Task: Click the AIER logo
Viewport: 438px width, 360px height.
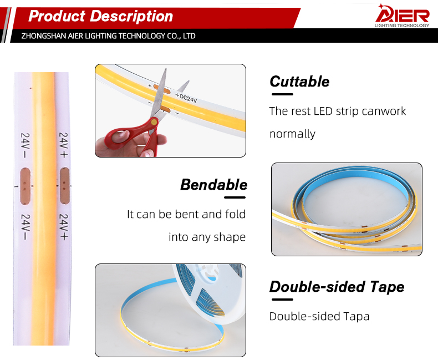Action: tap(403, 16)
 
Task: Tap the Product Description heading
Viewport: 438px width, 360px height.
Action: tap(100, 16)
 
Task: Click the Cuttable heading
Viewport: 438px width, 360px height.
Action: tap(299, 82)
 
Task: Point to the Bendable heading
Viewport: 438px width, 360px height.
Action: tap(213, 185)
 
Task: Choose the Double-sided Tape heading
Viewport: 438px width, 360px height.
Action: tap(337, 287)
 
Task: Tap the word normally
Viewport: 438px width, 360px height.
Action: tap(293, 134)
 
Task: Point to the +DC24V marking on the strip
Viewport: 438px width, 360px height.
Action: tap(186, 98)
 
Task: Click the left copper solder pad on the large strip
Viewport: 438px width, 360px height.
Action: tap(25, 186)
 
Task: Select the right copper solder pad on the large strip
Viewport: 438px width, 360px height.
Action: tap(64, 186)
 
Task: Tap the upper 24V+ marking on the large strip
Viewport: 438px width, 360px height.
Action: tap(64, 145)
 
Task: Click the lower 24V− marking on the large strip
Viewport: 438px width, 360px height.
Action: tap(25, 227)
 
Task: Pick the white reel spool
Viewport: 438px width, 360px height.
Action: tap(209, 293)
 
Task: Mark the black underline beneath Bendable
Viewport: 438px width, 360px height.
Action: tap(235, 197)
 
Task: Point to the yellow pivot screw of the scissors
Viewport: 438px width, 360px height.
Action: tap(154, 121)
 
